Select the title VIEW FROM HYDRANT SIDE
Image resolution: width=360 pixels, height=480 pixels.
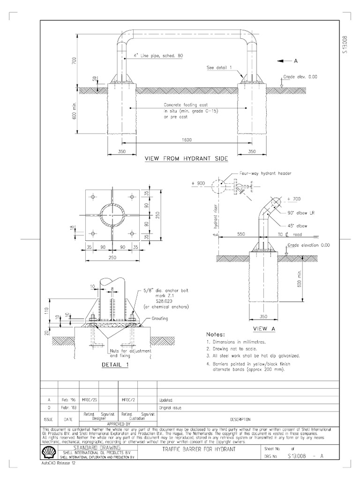(186, 159)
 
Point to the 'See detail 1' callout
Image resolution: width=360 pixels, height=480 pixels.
(219, 67)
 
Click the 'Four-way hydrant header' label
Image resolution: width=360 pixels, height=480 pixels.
(265, 173)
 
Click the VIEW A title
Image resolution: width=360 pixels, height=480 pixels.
(263, 329)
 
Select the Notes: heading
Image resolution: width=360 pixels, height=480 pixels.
(217, 335)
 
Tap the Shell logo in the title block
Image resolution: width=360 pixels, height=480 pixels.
(48, 452)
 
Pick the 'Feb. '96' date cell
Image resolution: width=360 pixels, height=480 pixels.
(68, 400)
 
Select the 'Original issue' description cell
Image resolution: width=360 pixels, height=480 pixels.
(170, 408)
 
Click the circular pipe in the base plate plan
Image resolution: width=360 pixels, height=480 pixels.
(113, 215)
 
